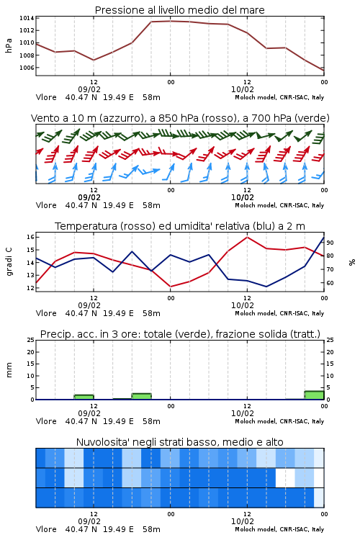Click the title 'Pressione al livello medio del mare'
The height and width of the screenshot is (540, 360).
(x=179, y=10)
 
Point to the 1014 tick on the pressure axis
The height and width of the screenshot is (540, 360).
(x=27, y=18)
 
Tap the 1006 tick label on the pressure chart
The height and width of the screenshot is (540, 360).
(x=27, y=68)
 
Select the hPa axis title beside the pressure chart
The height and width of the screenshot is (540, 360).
(x=9, y=45)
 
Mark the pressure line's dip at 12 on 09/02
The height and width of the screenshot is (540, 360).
(x=94, y=60)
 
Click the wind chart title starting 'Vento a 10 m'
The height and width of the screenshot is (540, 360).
(x=180, y=118)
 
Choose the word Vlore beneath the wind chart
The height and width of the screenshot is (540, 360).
(x=46, y=205)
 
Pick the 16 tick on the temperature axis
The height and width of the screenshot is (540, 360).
(x=30, y=237)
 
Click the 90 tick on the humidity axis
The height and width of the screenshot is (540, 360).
(x=330, y=243)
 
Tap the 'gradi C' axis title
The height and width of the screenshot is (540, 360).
(x=9, y=262)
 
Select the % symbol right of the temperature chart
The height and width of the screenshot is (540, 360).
(x=352, y=262)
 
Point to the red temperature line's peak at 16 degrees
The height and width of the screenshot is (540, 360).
(x=247, y=237)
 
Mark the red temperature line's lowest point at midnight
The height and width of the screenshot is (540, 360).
(x=170, y=287)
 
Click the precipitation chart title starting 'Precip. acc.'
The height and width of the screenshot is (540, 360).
(x=180, y=334)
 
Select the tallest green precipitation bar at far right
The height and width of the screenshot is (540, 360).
(x=314, y=395)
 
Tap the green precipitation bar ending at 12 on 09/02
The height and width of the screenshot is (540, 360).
(x=84, y=397)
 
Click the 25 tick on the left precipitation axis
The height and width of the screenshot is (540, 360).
(x=31, y=340)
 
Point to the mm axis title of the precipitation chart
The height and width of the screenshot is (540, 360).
(x=9, y=370)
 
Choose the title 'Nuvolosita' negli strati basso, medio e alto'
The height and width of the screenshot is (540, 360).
(x=179, y=442)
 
